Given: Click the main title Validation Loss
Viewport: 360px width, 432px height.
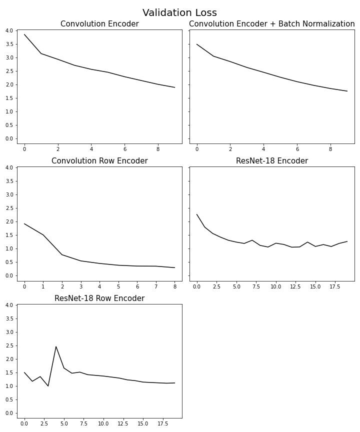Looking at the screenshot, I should click(x=179, y=13).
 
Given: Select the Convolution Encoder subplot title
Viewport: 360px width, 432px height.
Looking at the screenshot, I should click(x=99, y=24).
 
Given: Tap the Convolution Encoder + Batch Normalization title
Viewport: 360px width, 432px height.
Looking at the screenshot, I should click(x=271, y=24).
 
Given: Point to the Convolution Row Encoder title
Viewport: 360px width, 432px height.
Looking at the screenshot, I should click(x=99, y=161).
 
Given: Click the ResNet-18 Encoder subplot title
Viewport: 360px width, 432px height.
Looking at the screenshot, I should click(x=271, y=161).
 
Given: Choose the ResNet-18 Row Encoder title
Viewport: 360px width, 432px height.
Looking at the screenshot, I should click(x=99, y=298).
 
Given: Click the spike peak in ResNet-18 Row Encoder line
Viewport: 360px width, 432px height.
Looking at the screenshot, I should click(x=56, y=346).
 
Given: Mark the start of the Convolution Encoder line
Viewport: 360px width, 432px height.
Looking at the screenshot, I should click(x=24, y=34).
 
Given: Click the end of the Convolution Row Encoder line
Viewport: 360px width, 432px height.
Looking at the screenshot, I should click(x=174, y=267).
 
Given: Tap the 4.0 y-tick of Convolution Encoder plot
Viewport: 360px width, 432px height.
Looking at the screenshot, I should click(x=9, y=30).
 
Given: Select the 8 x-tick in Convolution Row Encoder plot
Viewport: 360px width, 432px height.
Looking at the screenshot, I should click(x=174, y=286).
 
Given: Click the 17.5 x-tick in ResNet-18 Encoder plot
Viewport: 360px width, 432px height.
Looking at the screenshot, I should click(x=331, y=286).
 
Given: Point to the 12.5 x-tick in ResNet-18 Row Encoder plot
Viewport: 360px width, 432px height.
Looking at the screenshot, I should click(x=119, y=423).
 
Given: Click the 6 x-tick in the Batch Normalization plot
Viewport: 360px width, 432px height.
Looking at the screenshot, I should click(x=297, y=149).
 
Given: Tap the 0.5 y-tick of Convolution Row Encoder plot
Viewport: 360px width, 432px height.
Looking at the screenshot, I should click(x=9, y=262).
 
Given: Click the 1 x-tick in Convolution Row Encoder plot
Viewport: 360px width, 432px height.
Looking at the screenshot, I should click(x=43, y=286).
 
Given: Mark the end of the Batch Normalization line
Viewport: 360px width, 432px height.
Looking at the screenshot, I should click(x=347, y=91).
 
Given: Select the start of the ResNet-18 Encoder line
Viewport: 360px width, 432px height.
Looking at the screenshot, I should click(x=197, y=214).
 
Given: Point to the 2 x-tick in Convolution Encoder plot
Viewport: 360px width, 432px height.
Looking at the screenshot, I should click(x=58, y=149).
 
